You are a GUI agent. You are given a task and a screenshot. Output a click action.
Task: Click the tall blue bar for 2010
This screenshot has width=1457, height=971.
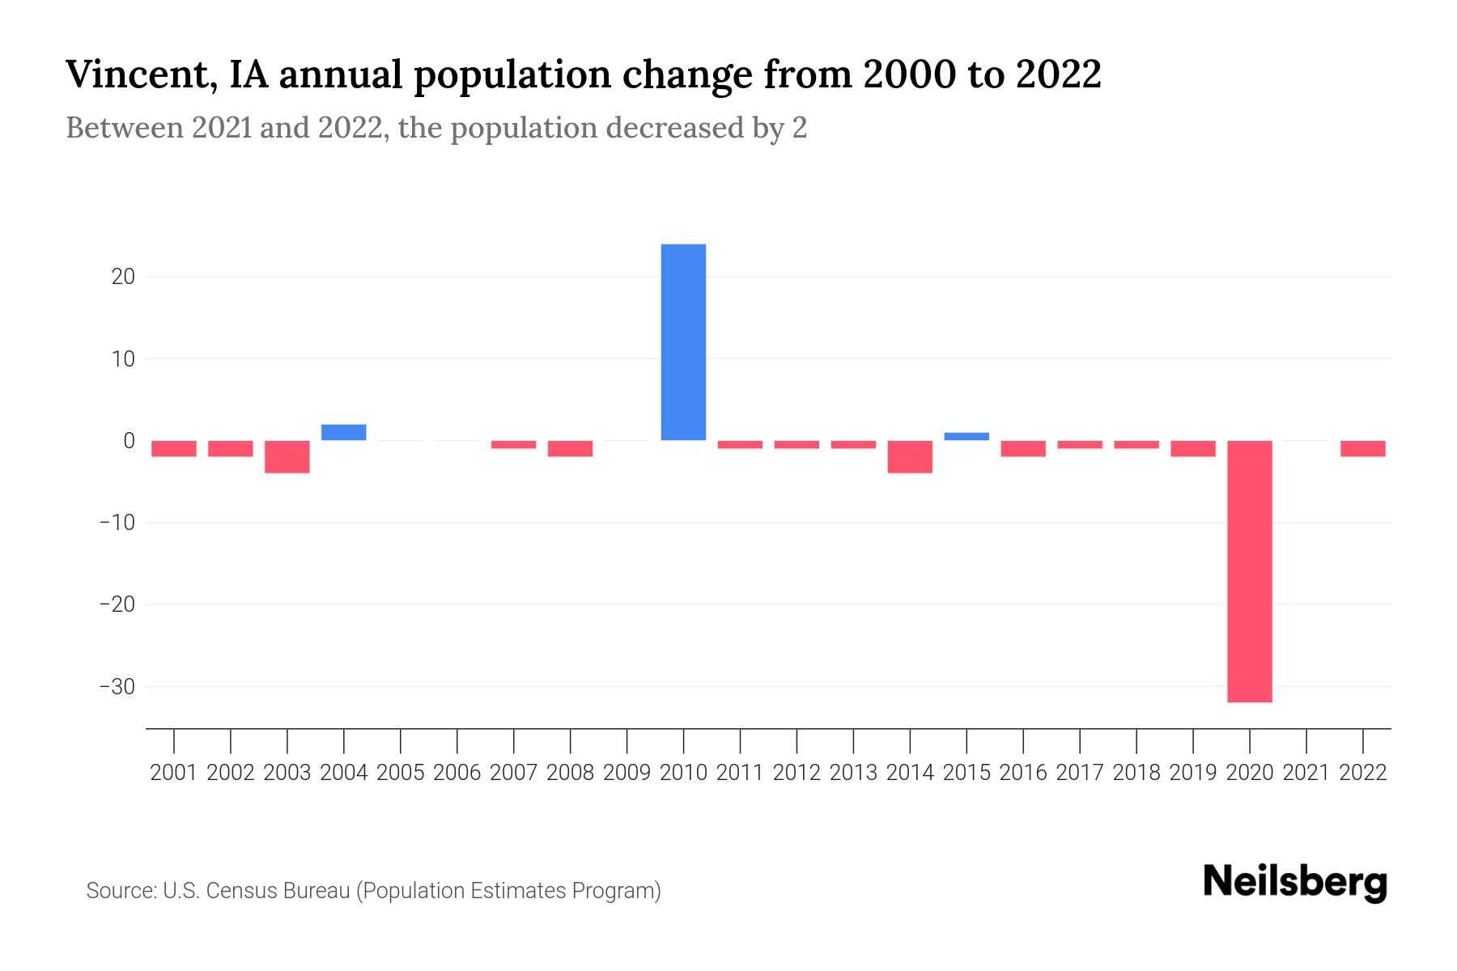pyautogui.click(x=683, y=342)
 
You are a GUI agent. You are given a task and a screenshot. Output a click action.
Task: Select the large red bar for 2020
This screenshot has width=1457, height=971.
pyautogui.click(x=1249, y=571)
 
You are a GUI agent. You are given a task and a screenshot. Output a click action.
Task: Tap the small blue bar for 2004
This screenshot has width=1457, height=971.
pyautogui.click(x=344, y=432)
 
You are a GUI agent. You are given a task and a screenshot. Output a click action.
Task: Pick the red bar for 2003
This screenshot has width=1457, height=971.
pyautogui.click(x=287, y=456)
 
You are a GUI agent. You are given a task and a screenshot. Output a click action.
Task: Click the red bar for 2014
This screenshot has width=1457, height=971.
pyautogui.click(x=910, y=456)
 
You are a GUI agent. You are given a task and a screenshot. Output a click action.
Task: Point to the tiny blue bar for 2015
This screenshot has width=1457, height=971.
pyautogui.click(x=966, y=436)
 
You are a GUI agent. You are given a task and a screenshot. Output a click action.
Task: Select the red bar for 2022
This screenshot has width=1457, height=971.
pyautogui.click(x=1362, y=448)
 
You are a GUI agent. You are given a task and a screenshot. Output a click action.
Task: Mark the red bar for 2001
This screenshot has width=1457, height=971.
pyautogui.click(x=174, y=448)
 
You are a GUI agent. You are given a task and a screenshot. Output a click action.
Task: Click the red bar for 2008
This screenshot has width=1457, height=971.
pyautogui.click(x=571, y=448)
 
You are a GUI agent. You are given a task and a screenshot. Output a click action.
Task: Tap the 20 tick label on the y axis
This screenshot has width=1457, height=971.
pyautogui.click(x=123, y=277)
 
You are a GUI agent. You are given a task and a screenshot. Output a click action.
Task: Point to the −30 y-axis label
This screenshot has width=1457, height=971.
pyautogui.click(x=117, y=686)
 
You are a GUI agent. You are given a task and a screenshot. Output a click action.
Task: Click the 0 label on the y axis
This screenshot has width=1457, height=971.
pyautogui.click(x=129, y=440)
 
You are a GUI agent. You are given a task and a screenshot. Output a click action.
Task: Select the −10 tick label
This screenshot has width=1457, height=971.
pyautogui.click(x=117, y=523)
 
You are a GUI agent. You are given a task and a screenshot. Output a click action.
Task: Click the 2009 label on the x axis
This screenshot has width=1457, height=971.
pyautogui.click(x=627, y=773)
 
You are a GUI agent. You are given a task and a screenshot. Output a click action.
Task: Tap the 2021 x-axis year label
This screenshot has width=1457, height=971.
pyautogui.click(x=1306, y=773)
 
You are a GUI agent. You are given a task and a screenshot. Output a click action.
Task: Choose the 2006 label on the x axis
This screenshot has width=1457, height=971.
pyautogui.click(x=457, y=773)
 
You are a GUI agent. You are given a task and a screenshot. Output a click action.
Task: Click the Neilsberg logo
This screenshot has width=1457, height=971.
pyautogui.click(x=1295, y=882)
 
